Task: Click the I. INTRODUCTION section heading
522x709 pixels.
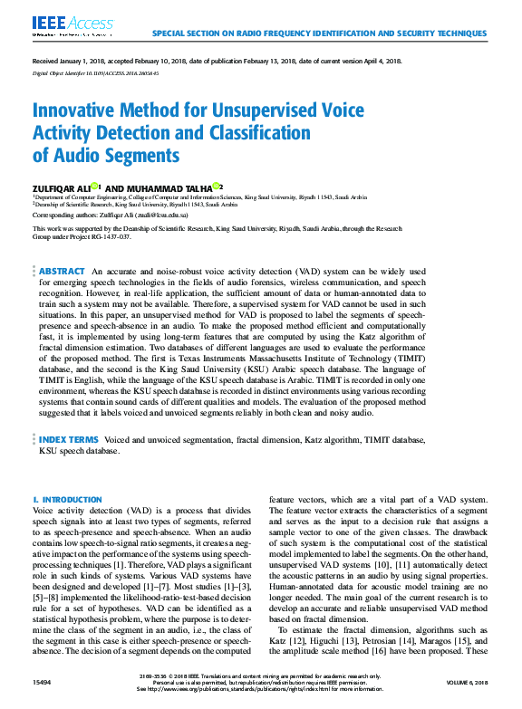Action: [x=67, y=500]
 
